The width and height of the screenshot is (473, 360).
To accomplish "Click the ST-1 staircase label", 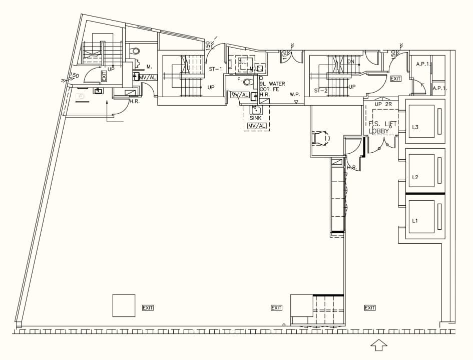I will click(215, 69).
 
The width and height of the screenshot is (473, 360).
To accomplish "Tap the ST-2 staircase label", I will click(320, 91).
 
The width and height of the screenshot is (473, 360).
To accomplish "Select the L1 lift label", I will click(415, 221).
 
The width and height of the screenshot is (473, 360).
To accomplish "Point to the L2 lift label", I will click(415, 177).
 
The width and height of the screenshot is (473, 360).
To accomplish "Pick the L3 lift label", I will click(415, 127).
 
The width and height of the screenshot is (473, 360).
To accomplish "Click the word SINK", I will click(256, 118).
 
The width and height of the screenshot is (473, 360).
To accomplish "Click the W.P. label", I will click(295, 94).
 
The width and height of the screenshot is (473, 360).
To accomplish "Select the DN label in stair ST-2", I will click(350, 62).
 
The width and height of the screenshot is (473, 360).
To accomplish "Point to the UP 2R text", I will click(383, 104).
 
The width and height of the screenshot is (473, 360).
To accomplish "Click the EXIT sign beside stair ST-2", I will click(395, 79).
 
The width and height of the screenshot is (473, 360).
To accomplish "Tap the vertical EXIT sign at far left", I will click(104, 76).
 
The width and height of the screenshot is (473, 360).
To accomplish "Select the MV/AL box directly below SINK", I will click(257, 126).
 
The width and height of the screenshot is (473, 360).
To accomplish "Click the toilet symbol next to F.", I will click(247, 82).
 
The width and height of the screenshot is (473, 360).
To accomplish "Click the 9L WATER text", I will click(272, 84).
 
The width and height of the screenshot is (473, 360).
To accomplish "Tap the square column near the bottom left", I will click(124, 305).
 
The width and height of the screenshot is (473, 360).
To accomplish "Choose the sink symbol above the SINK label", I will click(256, 110).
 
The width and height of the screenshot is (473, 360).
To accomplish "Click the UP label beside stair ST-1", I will click(211, 87).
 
